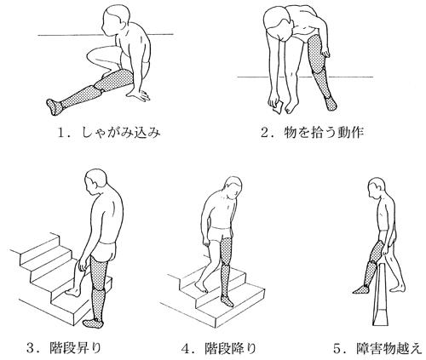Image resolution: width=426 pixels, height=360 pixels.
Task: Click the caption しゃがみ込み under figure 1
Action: click(x=121, y=132)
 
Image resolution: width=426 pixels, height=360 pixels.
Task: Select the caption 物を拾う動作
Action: click(x=324, y=132)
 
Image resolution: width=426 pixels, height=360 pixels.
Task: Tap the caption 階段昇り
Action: click(x=75, y=348)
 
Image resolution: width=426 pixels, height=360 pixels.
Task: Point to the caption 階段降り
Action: click(x=230, y=348)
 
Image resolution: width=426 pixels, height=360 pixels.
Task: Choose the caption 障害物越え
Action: click(x=389, y=348)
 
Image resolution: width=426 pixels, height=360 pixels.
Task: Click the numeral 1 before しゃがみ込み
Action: click(x=61, y=133)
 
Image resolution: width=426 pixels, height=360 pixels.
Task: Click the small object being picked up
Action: click(x=278, y=107)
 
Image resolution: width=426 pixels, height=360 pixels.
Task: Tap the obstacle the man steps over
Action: click(x=380, y=294)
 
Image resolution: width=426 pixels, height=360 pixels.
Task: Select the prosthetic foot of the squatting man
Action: click(x=55, y=106)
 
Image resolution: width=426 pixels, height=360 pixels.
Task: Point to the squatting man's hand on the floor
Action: click(x=139, y=95)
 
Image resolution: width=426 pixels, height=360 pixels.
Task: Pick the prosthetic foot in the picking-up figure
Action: click(x=331, y=103)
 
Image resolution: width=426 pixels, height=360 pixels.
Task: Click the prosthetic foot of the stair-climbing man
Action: click(x=93, y=323)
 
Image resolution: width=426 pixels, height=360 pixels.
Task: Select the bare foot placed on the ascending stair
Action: click(x=73, y=292)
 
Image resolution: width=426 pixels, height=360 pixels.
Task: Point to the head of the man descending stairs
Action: click(x=233, y=188)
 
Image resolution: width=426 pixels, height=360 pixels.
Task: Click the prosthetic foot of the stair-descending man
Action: click(x=227, y=300)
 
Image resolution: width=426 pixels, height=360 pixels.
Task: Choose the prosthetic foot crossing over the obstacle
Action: click(x=361, y=289)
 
